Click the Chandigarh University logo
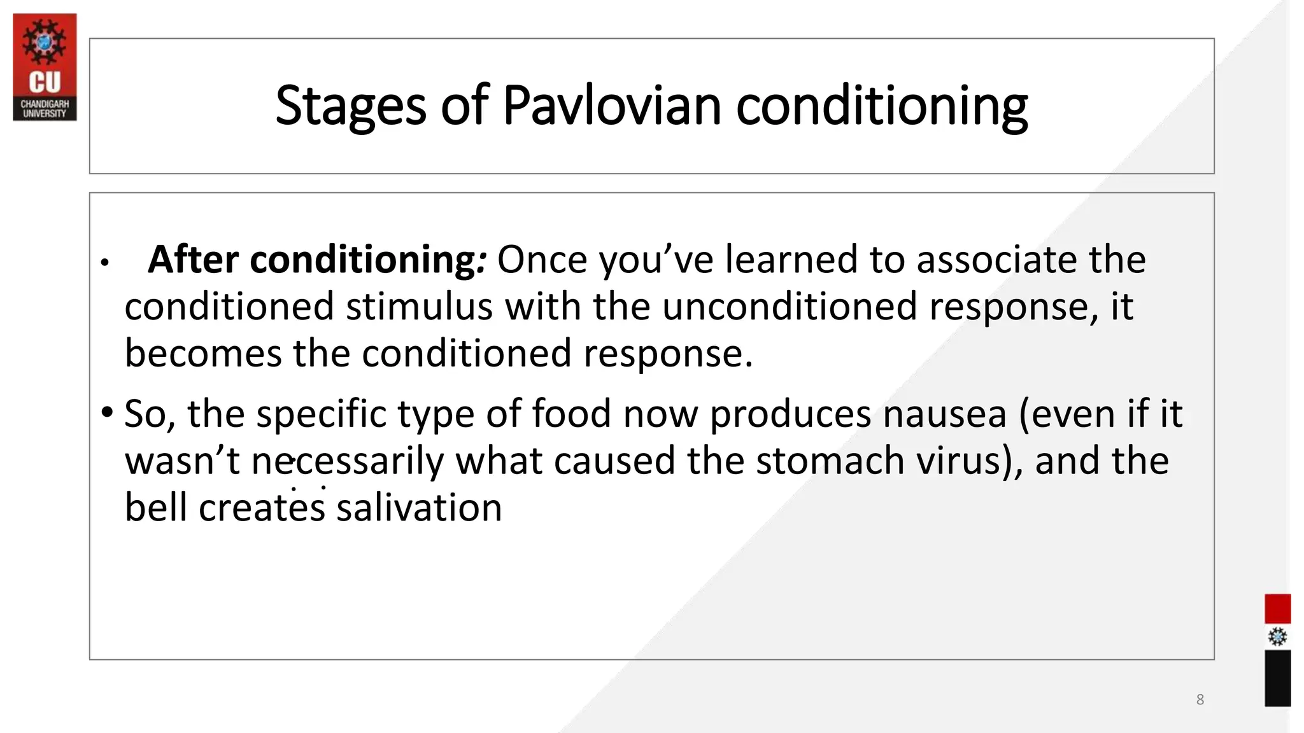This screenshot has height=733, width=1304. click(45, 67)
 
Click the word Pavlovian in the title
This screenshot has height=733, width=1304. click(611, 106)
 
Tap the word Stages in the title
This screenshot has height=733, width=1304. click(350, 106)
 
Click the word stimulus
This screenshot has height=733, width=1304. click(419, 307)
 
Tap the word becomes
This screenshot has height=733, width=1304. click(202, 354)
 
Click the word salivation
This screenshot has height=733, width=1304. click(419, 508)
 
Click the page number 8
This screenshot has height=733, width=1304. click(1200, 700)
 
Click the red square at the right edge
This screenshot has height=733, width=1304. click(1277, 608)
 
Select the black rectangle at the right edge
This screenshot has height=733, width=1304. click(1277, 678)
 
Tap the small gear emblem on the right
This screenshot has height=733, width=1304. click(1277, 637)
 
